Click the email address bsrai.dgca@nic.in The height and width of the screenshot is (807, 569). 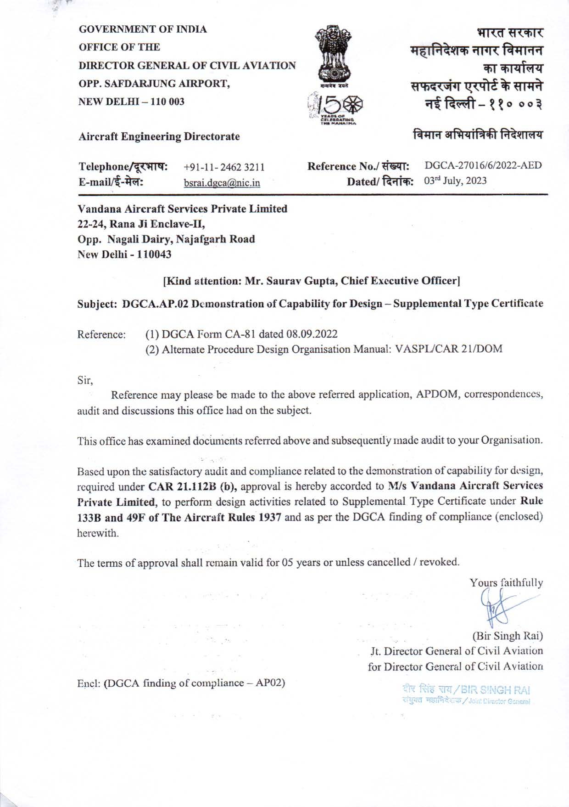(x=222, y=183)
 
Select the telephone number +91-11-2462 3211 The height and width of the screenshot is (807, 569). (x=224, y=168)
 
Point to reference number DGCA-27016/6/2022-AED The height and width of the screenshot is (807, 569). (x=483, y=165)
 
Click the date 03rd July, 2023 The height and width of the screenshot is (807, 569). (x=455, y=181)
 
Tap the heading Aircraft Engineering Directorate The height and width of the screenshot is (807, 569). (x=159, y=136)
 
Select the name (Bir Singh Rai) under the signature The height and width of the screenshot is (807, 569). (x=508, y=636)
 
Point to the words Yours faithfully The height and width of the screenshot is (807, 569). (x=506, y=583)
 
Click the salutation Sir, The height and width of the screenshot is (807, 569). (x=85, y=380)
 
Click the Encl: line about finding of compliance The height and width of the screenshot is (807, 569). (x=181, y=683)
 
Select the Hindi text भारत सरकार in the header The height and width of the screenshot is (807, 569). (x=510, y=33)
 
